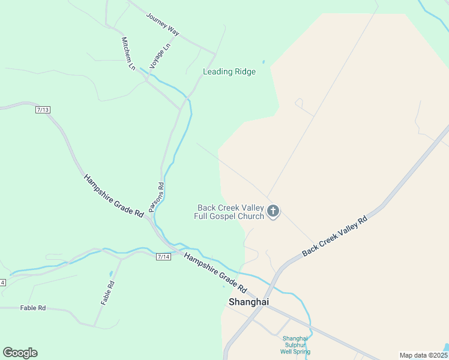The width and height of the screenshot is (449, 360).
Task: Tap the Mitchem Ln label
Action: [x=128, y=54]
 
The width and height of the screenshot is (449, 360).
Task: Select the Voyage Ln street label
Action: [x=160, y=55]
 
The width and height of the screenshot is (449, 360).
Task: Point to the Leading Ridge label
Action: [x=229, y=72]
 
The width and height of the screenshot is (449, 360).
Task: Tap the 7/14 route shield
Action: [x=163, y=257]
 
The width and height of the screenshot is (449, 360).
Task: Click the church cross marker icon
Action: [x=273, y=211]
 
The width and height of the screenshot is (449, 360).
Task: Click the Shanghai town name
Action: [x=249, y=302]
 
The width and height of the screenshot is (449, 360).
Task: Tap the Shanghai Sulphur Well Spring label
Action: [x=297, y=345]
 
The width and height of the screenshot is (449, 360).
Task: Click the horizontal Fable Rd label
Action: [x=33, y=308]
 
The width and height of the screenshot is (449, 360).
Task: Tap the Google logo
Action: [x=20, y=353]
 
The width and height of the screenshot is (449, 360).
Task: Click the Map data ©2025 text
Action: [x=423, y=355]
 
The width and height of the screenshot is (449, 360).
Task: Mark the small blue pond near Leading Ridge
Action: [x=263, y=61]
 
